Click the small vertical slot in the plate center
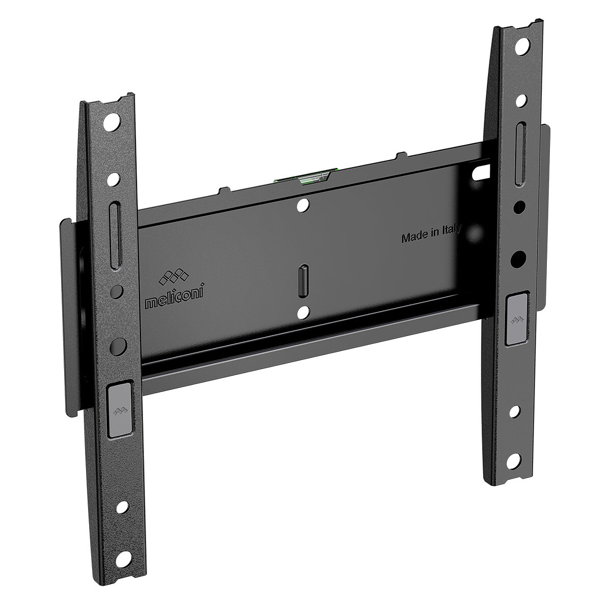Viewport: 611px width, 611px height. pos(303,277)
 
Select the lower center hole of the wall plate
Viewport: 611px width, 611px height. pos(303,310)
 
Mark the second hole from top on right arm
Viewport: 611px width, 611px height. pos(521,100)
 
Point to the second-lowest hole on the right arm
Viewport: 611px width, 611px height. pos(516,411)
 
